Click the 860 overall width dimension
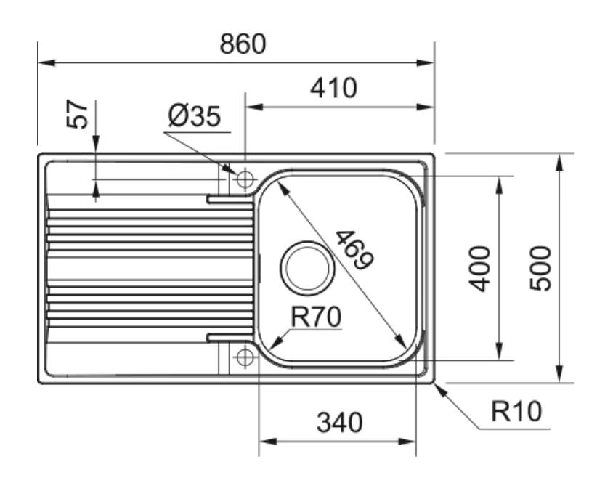[x=243, y=44]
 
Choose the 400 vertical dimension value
[x=480, y=268]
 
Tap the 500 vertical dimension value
[x=541, y=268]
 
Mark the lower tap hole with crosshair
[x=245, y=357]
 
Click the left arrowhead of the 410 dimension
[x=252, y=107]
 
